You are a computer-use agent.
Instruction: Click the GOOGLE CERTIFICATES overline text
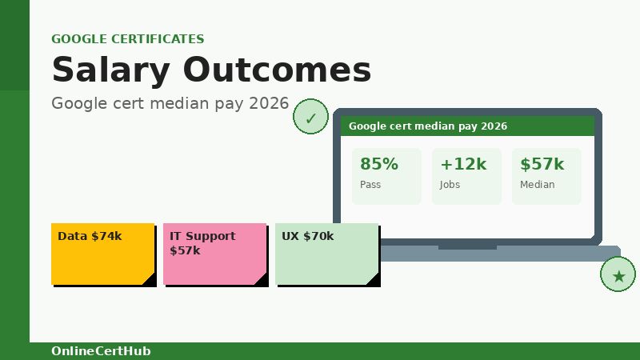coord(127,38)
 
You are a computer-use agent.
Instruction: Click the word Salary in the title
coord(111,70)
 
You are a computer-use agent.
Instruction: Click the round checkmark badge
coord(310,117)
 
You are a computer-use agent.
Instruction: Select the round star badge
coord(618,275)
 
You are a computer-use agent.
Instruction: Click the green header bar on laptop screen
coord(467,126)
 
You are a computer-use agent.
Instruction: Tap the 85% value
coord(378,164)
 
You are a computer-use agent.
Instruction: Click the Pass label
coord(370,185)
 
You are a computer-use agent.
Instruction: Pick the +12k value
coord(462,164)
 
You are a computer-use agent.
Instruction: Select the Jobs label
coord(450,185)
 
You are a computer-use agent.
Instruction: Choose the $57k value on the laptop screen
coord(542,164)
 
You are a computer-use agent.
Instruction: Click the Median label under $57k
coord(537,185)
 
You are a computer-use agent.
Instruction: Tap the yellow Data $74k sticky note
coord(102,254)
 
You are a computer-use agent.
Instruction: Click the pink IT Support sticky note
coord(214,254)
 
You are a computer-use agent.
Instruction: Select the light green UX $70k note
coord(326,254)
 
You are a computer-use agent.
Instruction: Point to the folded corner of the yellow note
coord(150,279)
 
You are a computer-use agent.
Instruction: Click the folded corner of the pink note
coord(262,279)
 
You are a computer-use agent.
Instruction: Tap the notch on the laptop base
coord(467,248)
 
